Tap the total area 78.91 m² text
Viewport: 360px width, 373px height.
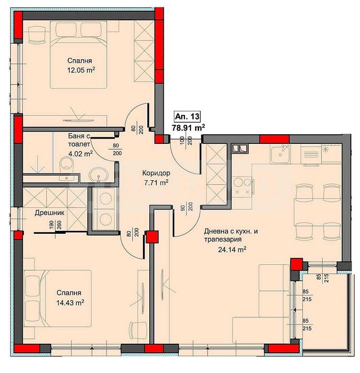189,128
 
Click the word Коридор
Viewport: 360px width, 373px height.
156,173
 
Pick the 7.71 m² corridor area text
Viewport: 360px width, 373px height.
156,183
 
